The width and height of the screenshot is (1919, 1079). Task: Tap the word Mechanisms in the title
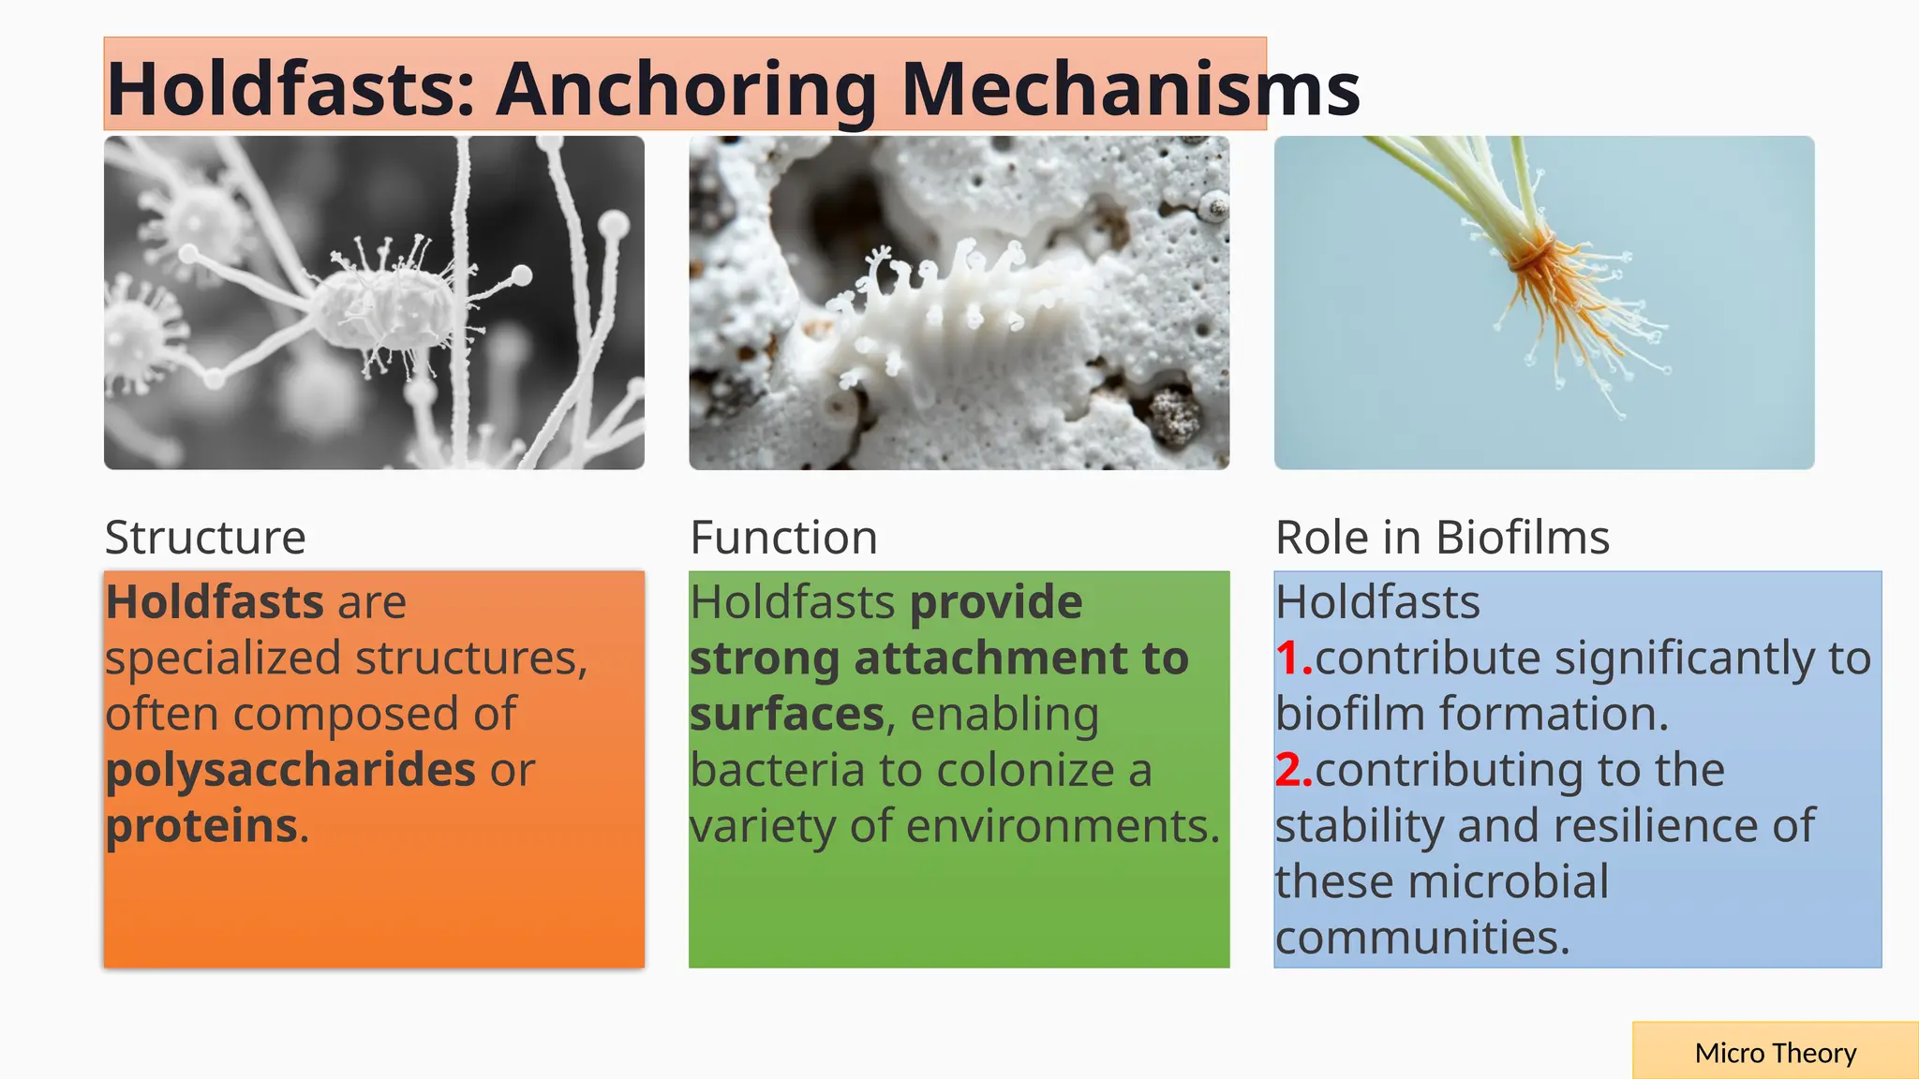[1130, 89]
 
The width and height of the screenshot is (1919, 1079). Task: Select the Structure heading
[205, 538]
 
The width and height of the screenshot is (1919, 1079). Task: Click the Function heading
[783, 538]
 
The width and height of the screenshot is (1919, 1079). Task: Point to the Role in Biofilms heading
[1442, 538]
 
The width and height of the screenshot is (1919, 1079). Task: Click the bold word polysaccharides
[290, 770]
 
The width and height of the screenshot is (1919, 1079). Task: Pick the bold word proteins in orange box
[201, 826]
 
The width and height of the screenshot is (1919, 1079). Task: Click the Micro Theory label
[1775, 1053]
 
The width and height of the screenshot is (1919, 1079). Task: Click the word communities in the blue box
[1421, 938]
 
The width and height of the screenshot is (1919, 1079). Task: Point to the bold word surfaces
[787, 715]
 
